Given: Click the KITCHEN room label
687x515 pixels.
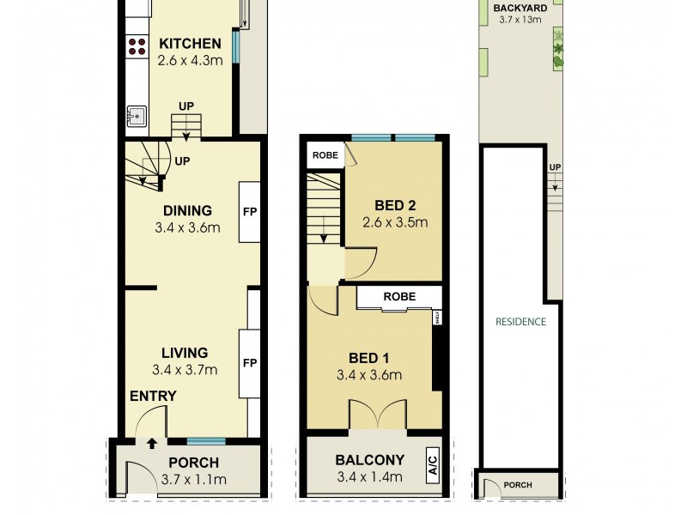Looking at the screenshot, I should click(190, 44).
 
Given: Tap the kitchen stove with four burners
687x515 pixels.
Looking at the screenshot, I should click(136, 45).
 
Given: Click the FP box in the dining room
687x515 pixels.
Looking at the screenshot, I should click(249, 211).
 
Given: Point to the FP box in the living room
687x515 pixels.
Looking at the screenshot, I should click(249, 362).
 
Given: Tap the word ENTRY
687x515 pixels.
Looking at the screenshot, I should click(153, 397).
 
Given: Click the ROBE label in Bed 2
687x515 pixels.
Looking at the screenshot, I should click(324, 156).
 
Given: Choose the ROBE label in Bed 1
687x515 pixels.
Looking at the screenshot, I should click(399, 297).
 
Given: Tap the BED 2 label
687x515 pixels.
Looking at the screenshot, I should click(396, 205).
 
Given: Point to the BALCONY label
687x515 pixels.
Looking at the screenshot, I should click(370, 459).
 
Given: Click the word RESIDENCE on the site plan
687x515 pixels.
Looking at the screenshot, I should click(520, 323).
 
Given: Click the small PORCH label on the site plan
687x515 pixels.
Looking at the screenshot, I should click(517, 486).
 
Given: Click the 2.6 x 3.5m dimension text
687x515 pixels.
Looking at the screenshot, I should click(396, 223).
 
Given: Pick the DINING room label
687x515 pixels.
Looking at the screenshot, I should click(187, 210).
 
